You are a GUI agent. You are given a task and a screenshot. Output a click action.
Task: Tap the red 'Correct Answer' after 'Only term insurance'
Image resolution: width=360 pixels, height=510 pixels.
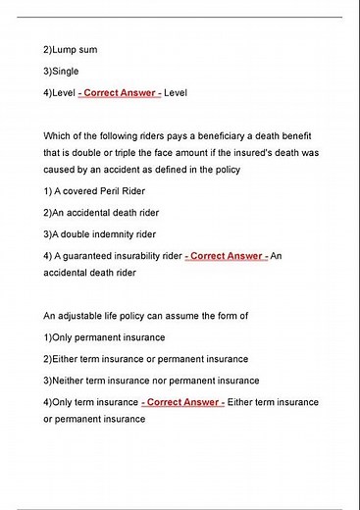click(182, 402)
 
